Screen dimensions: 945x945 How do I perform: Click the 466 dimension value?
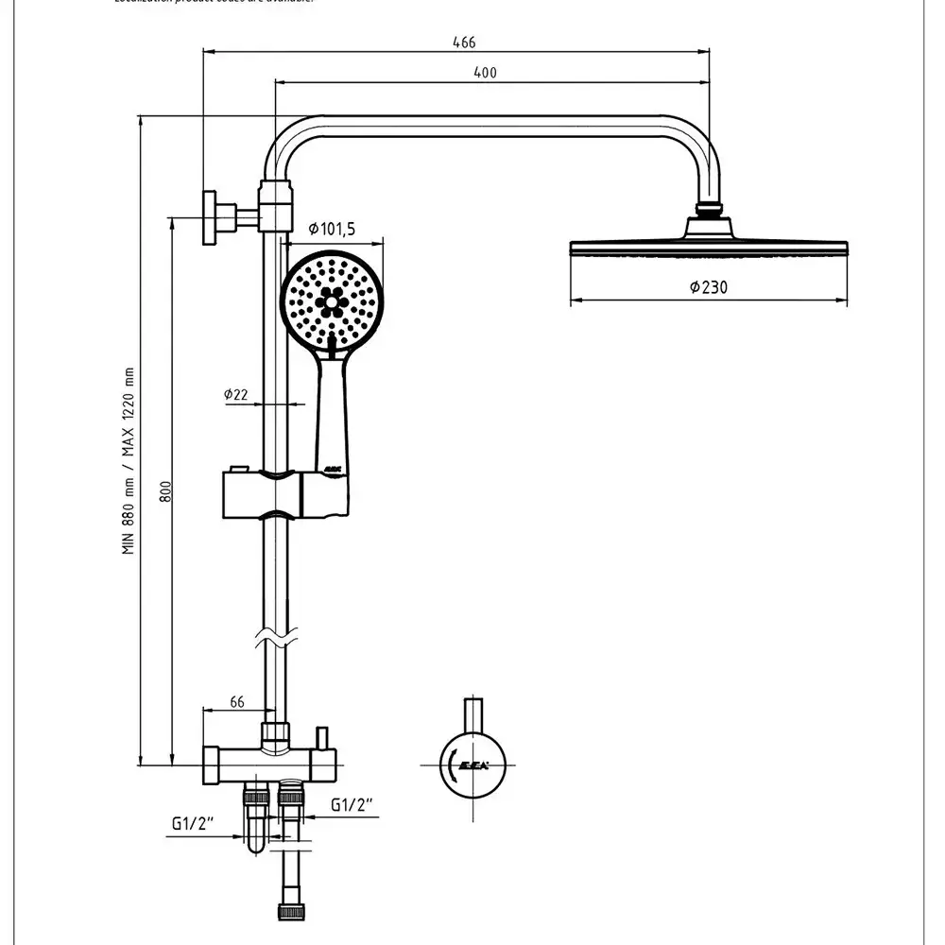464,43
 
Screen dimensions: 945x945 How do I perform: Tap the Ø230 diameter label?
709,287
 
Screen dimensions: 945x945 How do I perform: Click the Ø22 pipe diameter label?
235,394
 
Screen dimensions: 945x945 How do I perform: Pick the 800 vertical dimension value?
164,492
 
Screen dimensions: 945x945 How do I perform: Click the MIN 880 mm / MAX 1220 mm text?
129,459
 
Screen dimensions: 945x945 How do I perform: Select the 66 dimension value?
238,702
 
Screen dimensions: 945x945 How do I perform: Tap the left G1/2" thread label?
195,823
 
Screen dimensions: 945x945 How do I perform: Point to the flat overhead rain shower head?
709,248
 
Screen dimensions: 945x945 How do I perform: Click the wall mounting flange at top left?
209,217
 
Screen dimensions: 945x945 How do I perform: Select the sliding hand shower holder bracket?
283,491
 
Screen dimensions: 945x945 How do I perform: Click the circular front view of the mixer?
473,764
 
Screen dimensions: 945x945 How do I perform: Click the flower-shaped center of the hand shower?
331,300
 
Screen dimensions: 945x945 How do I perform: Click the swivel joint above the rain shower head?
709,211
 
